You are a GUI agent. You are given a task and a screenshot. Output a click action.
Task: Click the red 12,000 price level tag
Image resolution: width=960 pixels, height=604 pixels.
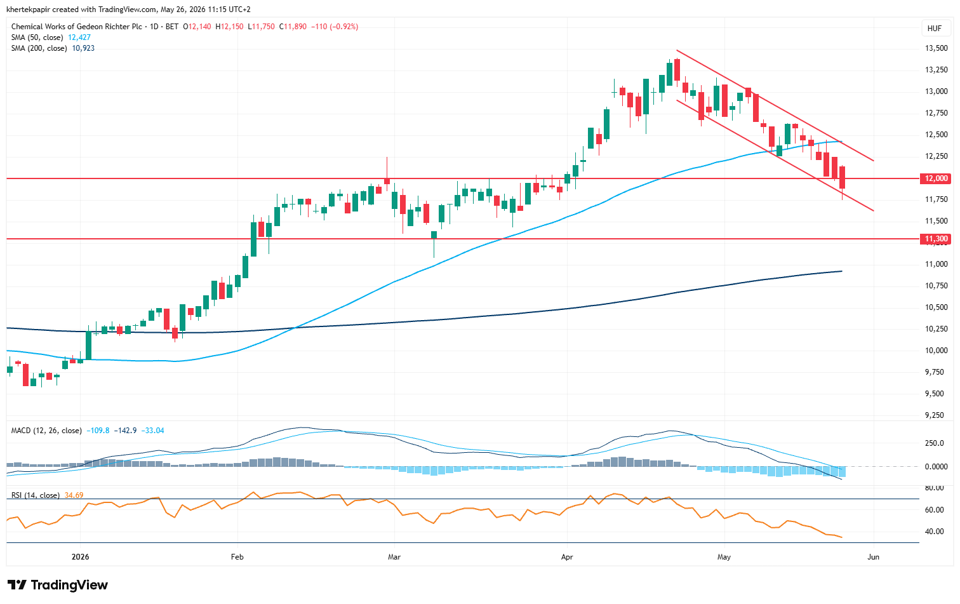point(935,178)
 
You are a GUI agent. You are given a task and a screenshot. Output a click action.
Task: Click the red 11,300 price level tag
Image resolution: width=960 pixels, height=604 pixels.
point(935,239)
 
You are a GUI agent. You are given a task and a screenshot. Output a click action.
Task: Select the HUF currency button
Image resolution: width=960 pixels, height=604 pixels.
point(935,29)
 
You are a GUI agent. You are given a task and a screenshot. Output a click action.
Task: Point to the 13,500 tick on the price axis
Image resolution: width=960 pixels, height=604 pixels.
point(936,48)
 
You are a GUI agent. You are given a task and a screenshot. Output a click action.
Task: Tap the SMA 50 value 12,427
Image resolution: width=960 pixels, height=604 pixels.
point(79,37)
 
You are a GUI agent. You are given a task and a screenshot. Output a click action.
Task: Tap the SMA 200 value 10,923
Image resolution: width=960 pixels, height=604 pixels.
point(83,48)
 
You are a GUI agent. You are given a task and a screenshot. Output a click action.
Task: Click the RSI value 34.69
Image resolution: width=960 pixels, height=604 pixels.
point(74,495)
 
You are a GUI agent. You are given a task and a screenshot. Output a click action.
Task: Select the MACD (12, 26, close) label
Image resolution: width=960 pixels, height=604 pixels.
point(46,431)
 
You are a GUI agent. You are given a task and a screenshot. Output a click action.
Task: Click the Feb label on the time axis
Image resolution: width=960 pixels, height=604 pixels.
point(237,557)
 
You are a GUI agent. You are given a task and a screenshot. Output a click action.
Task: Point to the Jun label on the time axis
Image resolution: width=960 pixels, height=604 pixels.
point(873,557)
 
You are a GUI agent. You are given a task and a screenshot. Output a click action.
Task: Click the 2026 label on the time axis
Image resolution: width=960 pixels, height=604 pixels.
point(80,557)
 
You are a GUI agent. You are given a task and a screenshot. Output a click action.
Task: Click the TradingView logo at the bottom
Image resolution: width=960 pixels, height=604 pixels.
point(57,585)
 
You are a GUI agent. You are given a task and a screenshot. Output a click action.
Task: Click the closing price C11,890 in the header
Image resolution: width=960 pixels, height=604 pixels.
point(293,27)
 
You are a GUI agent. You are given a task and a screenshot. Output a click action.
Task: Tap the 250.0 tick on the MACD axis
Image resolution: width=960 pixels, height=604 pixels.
point(935,443)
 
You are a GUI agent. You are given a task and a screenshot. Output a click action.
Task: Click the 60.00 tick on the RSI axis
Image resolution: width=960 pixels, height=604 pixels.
point(935,510)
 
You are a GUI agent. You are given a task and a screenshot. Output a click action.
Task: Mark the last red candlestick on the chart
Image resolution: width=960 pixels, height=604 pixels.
point(842,177)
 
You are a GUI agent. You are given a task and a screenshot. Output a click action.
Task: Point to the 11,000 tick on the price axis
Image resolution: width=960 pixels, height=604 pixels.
point(936,264)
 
